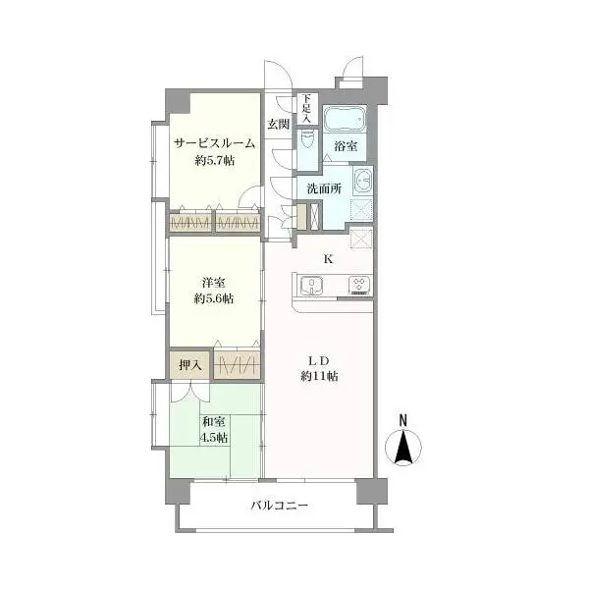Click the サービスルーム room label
[x=214, y=143]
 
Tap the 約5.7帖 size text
[x=214, y=161]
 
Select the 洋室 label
[x=213, y=283]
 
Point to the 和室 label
[x=213, y=422]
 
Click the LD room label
[x=319, y=360]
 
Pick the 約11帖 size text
[x=319, y=376]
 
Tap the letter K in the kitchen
[x=328, y=259]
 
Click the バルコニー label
[x=280, y=506]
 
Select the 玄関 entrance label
[x=279, y=124]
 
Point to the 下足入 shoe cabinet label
[x=307, y=109]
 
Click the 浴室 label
[x=346, y=145]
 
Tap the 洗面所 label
[x=324, y=188]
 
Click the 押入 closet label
[x=190, y=364]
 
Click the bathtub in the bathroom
[x=345, y=119]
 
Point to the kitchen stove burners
[x=360, y=286]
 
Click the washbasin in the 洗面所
[x=362, y=181]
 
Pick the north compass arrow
[x=403, y=448]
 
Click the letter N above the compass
[x=403, y=420]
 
